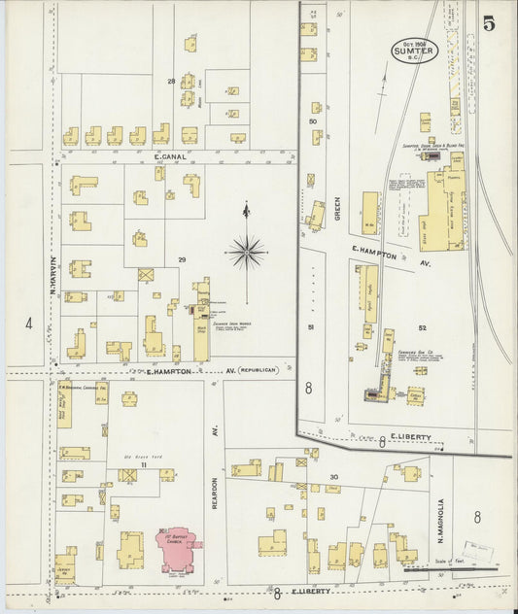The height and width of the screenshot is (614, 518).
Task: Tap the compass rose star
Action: point(247,253)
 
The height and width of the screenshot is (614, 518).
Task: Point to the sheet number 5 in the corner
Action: point(489,24)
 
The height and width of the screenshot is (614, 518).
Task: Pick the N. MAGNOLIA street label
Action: point(439,523)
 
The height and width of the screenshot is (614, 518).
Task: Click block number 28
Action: point(171,81)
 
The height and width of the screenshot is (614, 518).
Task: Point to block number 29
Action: point(182,259)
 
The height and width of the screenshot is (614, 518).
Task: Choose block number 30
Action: point(333,476)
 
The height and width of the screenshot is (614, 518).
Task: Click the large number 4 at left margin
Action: point(29,323)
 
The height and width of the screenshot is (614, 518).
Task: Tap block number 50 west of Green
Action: point(313,121)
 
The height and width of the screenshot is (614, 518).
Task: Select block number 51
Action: point(311,327)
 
